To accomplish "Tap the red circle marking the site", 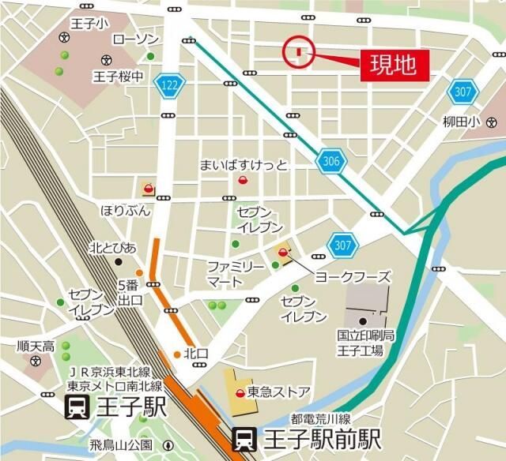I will (299, 52).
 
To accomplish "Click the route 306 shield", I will (332, 162).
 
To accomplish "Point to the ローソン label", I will (136, 39).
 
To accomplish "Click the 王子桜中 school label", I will (118, 77).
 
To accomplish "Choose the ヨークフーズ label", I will (353, 277).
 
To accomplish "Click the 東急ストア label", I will (278, 392).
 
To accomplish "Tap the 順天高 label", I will (36, 346).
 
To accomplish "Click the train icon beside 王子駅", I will (77, 408).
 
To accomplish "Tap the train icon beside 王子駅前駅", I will (244, 438).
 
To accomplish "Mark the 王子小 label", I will (89, 25).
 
